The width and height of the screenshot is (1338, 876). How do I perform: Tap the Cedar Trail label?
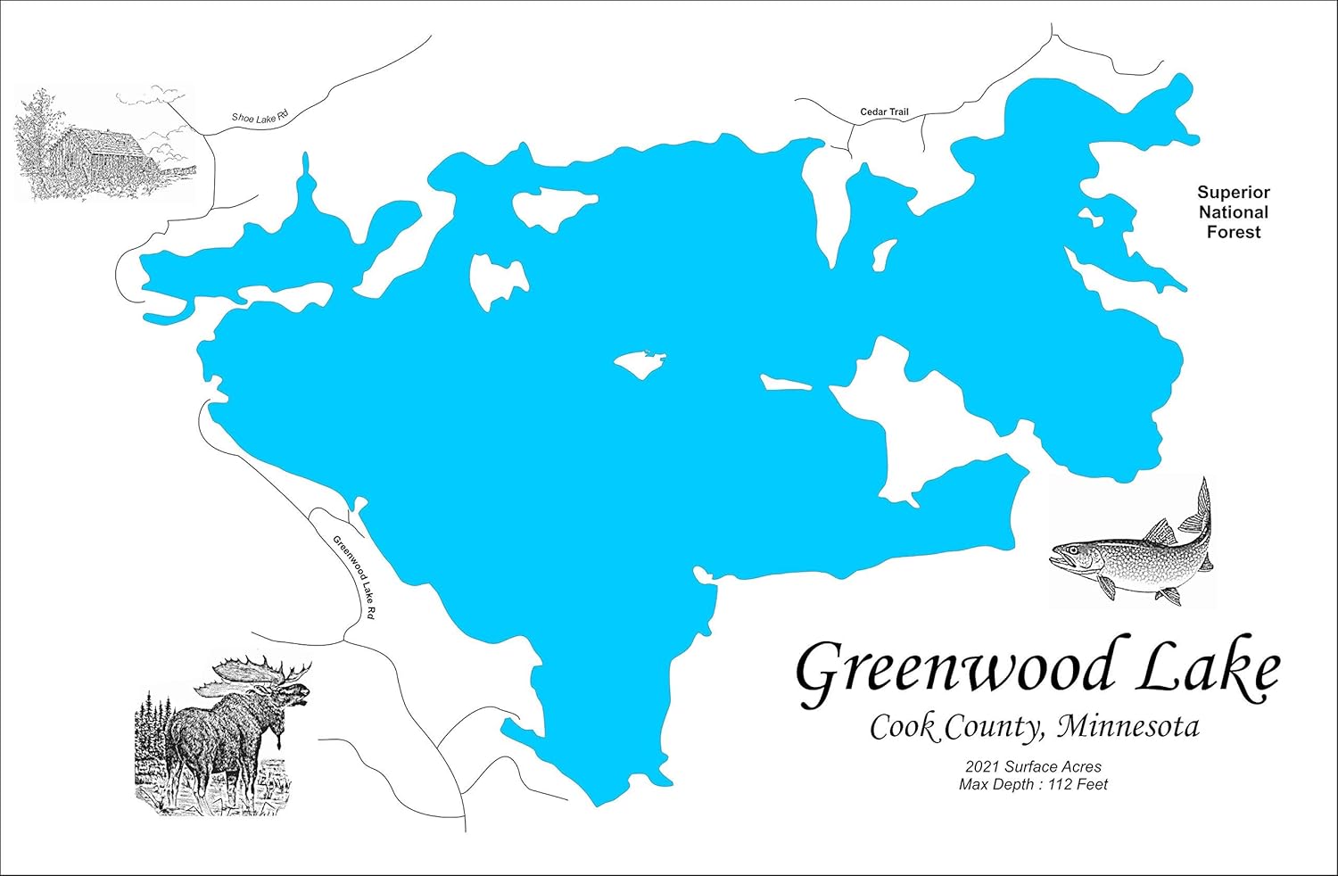point(884,112)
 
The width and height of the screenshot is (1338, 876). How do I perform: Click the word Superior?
point(1233,193)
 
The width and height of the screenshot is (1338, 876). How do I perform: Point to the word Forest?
point(1233,232)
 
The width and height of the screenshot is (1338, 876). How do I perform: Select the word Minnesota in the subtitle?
point(1127,727)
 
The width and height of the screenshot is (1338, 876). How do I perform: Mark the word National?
point(1233,212)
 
